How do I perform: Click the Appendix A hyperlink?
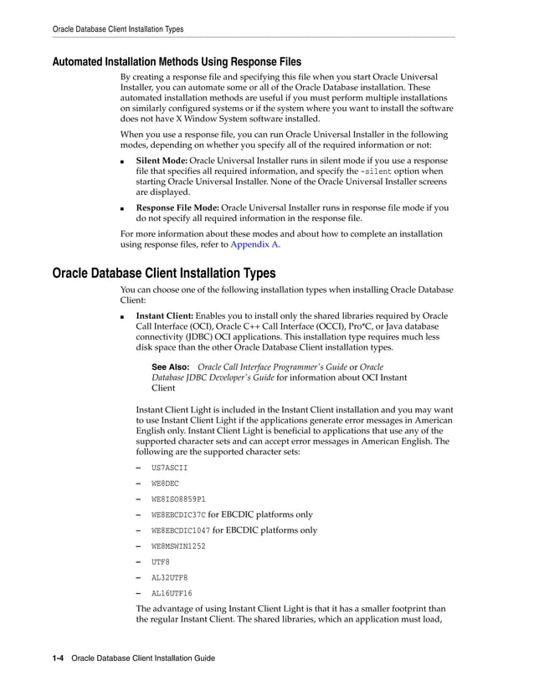click(254, 245)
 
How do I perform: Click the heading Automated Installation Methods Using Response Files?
click(177, 62)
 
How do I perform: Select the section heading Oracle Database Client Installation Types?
click(163, 273)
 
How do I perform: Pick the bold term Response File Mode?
click(177, 207)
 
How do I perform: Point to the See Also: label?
click(170, 367)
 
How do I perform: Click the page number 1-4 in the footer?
click(59, 658)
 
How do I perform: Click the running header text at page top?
click(118, 29)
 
